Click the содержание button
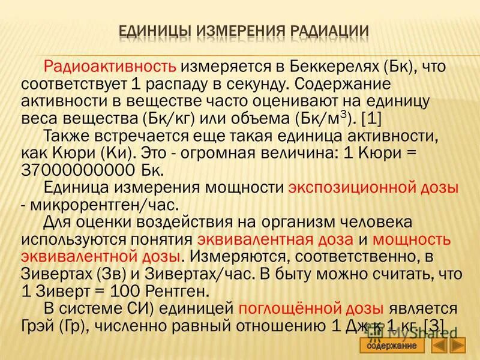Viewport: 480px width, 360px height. [392, 346]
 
